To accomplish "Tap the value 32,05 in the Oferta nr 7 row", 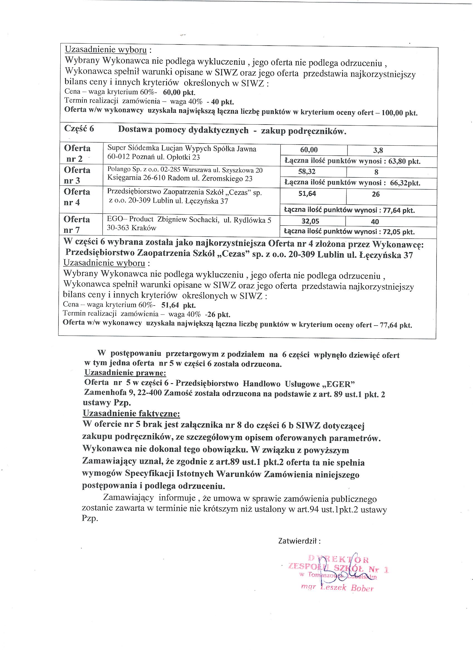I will pyautogui.click(x=310, y=221).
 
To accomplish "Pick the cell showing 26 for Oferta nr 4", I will pyautogui.click(x=376, y=194).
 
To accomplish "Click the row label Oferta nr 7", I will pyautogui.click(x=77, y=224).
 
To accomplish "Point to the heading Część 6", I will pyautogui.click(x=79, y=129).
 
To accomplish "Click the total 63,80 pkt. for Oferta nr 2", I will pyautogui.click(x=404, y=161).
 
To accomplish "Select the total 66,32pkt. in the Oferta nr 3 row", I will pyautogui.click(x=405, y=183).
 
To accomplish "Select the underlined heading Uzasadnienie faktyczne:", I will pyautogui.click(x=131, y=413).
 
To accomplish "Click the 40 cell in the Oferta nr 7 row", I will pyautogui.click(x=375, y=222).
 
